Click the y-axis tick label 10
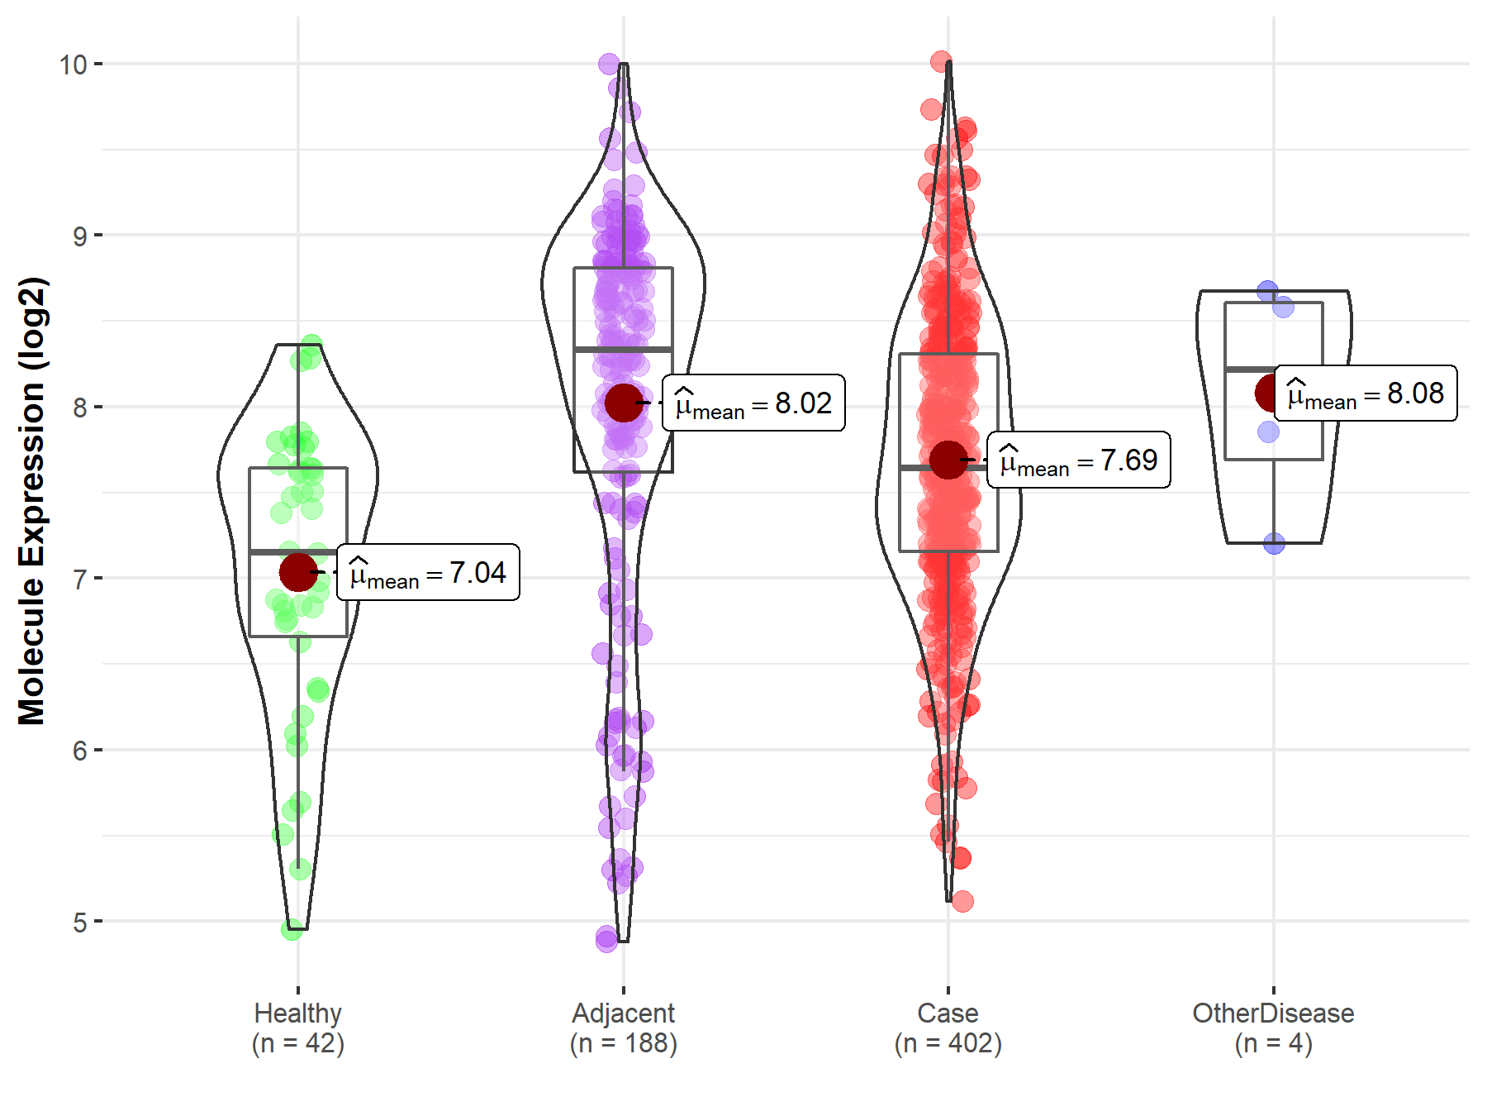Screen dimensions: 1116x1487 [73, 64]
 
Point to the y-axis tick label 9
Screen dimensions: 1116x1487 [79, 236]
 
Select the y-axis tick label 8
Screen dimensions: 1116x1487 [79, 408]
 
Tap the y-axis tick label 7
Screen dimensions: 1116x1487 [79, 579]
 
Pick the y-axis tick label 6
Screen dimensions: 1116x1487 [79, 751]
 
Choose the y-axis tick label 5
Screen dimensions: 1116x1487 [79, 923]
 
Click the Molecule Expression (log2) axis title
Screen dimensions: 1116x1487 [31, 501]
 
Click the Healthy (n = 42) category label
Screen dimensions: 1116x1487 [298, 1028]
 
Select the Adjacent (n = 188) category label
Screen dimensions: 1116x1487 [624, 1028]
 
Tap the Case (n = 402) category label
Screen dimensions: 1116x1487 [948, 1028]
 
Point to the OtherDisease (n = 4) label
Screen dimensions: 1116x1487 [1273, 1028]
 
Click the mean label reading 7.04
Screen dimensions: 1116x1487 [428, 572]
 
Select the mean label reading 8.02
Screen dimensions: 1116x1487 [753, 403]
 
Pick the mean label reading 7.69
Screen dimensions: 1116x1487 [1078, 460]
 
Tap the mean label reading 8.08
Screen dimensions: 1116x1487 [1366, 393]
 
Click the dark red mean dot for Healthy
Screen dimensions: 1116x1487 [298, 572]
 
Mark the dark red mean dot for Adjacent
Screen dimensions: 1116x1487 [624, 403]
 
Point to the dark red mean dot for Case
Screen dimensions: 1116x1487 [948, 460]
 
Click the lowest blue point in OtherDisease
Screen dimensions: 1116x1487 [1274, 543]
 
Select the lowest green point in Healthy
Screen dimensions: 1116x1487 [292, 930]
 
